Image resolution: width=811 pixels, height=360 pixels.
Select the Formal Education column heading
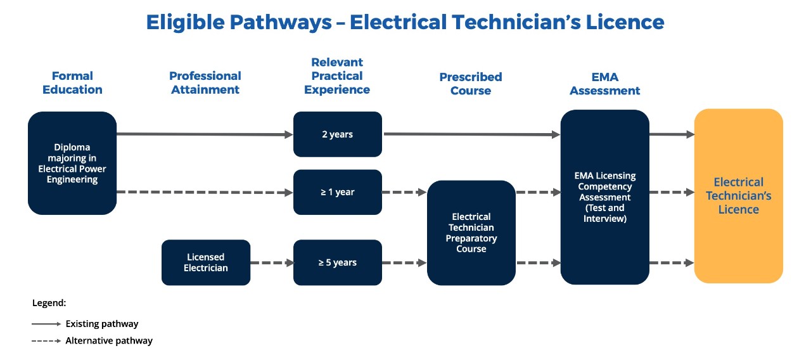[72, 83]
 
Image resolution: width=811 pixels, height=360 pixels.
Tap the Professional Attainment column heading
[205, 83]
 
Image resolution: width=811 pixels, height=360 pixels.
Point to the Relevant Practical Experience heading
[337, 76]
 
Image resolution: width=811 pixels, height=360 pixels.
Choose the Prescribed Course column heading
[470, 84]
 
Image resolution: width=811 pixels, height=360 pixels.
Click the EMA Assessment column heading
[604, 84]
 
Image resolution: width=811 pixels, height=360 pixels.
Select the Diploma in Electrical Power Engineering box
[72, 163]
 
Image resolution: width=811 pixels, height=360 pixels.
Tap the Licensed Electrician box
[206, 262]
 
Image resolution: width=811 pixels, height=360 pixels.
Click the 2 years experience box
[337, 134]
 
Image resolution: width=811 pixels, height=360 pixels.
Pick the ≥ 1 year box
[337, 192]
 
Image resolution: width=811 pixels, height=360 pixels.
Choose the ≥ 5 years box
[337, 262]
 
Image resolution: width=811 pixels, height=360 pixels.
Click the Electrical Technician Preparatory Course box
[471, 233]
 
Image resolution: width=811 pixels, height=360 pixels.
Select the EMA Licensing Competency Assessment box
[604, 197]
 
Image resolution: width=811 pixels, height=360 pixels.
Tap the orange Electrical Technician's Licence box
[738, 196]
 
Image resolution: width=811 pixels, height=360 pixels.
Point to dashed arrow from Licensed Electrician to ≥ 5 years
[272, 262]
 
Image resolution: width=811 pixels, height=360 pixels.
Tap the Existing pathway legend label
[102, 324]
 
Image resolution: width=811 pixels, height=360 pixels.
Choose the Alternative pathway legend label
[109, 341]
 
